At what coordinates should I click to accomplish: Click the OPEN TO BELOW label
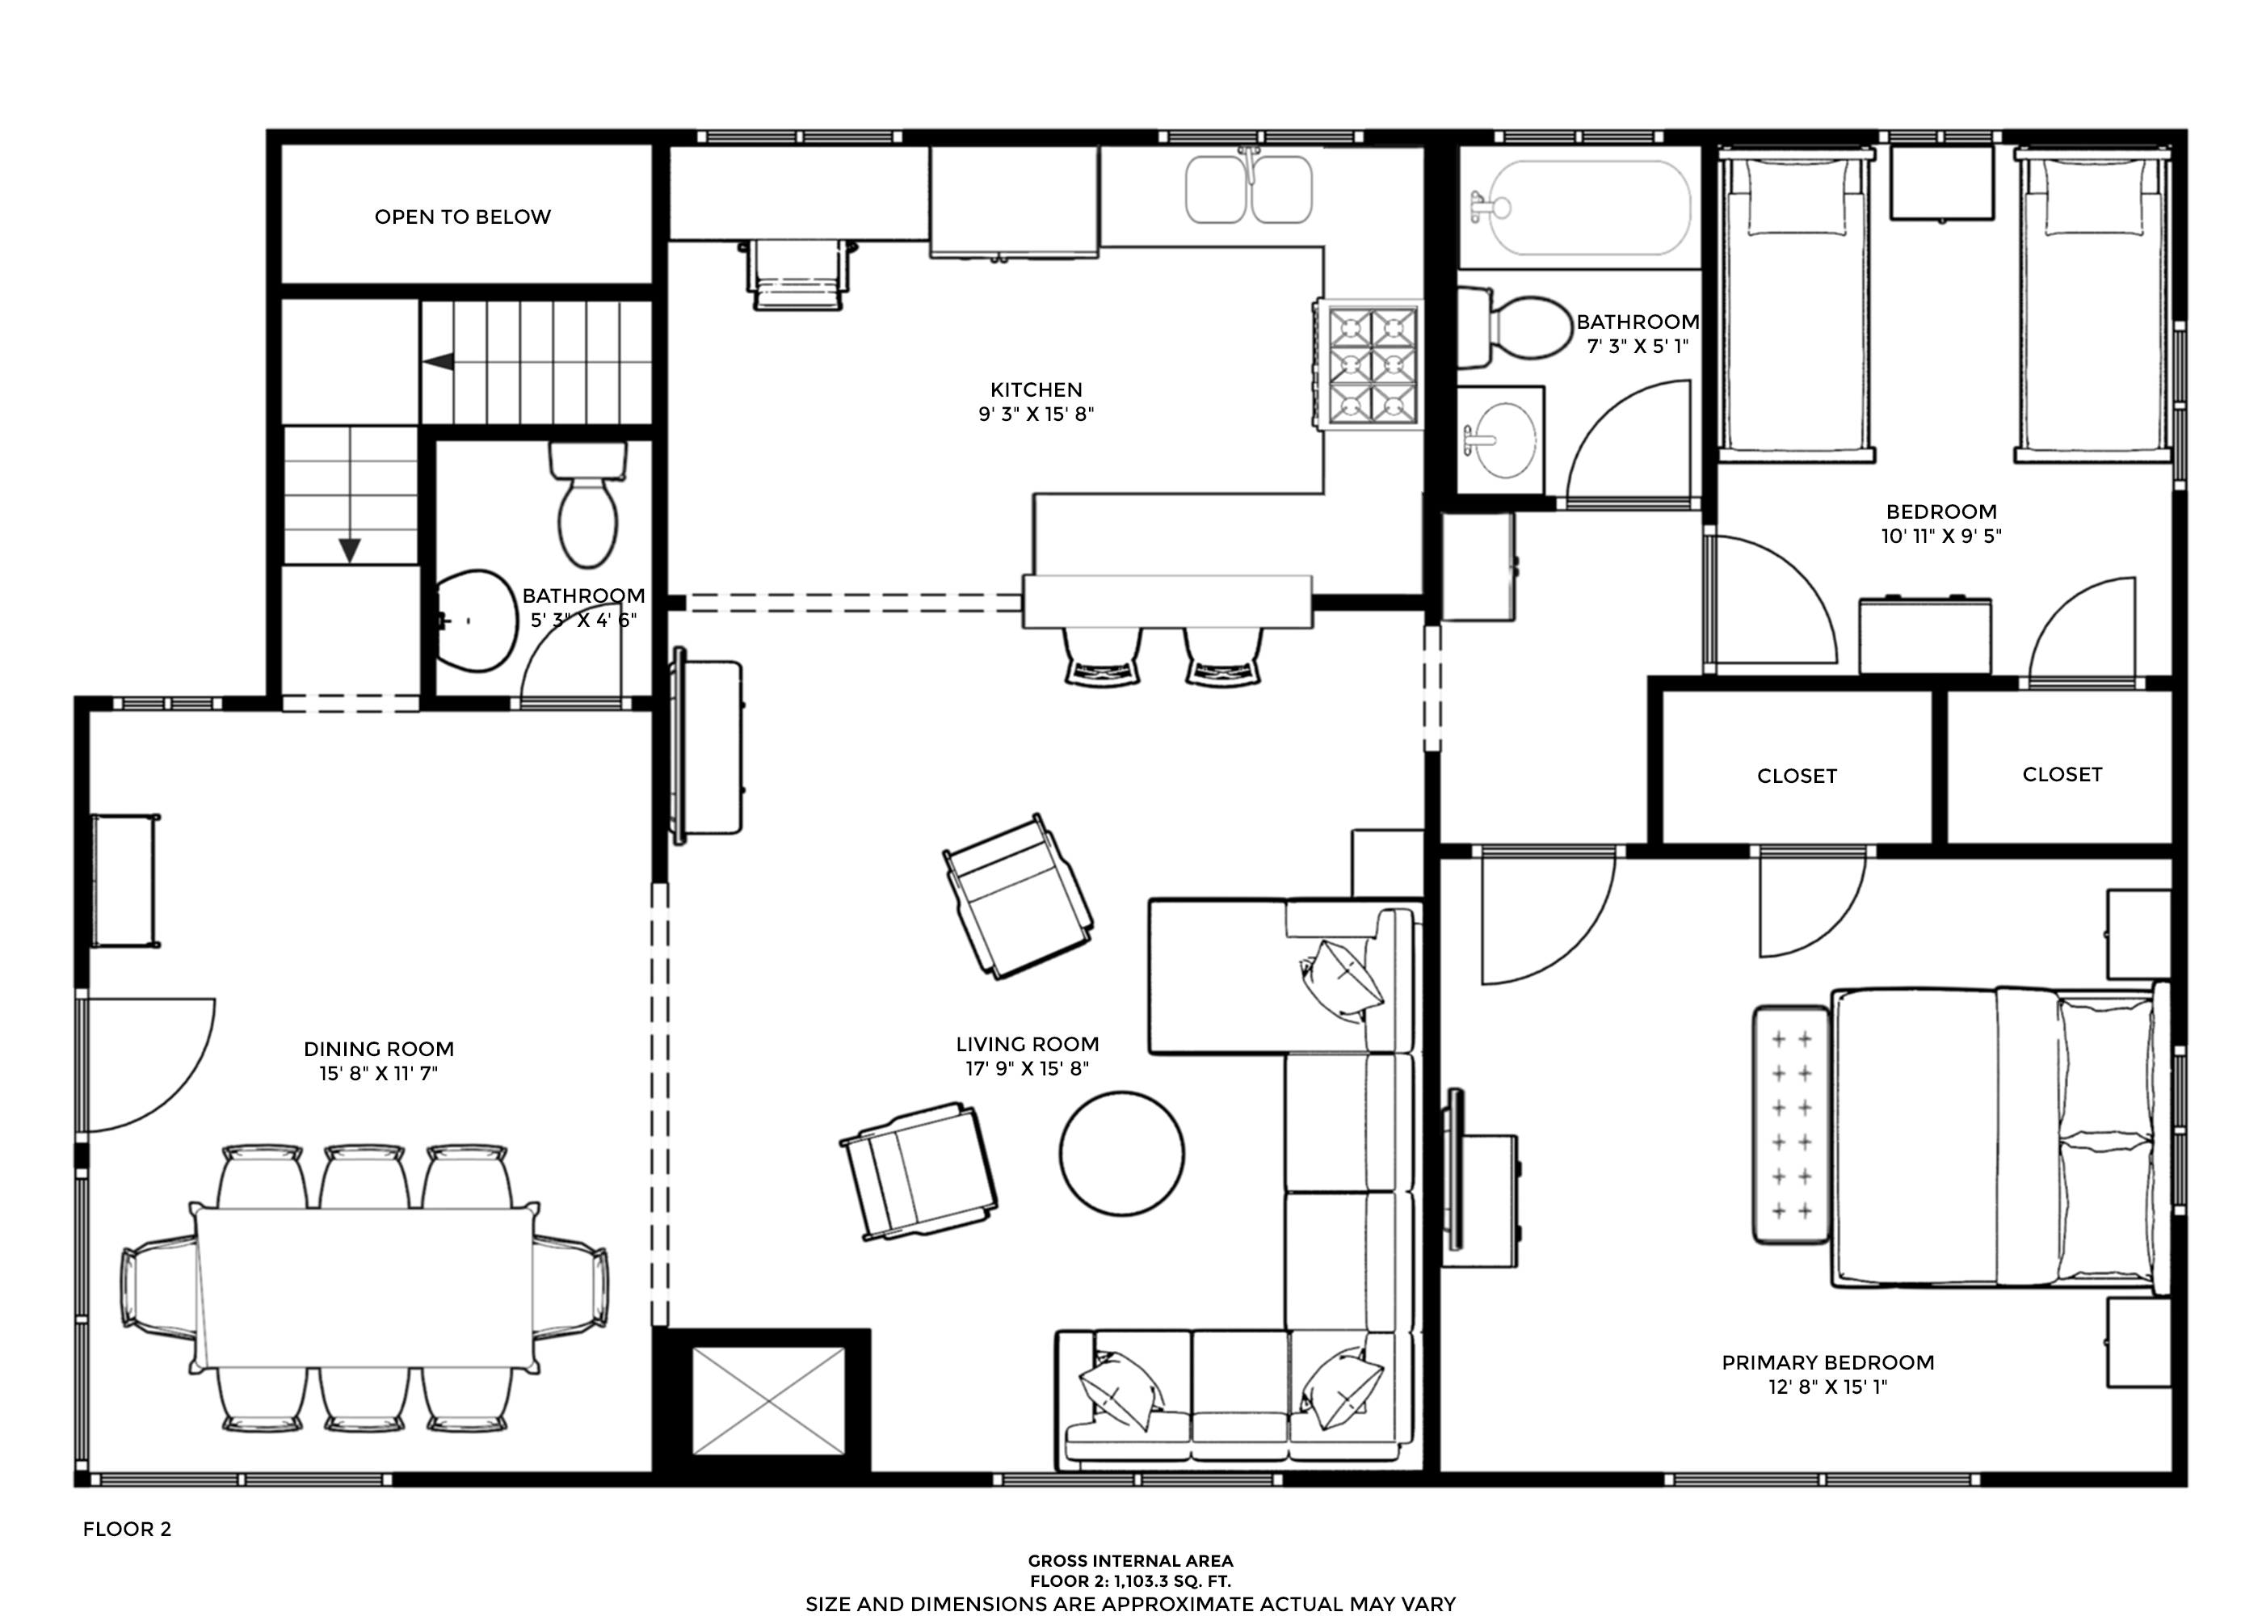(463, 217)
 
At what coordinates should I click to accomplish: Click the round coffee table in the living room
(1121, 1155)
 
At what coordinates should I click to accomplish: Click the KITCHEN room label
(1036, 390)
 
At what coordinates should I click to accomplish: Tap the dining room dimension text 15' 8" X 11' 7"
(379, 1073)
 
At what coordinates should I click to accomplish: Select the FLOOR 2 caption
(128, 1530)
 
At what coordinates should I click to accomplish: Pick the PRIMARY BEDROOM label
(1828, 1362)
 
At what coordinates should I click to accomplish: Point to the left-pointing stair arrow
(439, 361)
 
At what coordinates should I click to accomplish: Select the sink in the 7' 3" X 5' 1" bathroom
(1501, 439)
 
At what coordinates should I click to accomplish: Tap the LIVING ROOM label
(1028, 1044)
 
